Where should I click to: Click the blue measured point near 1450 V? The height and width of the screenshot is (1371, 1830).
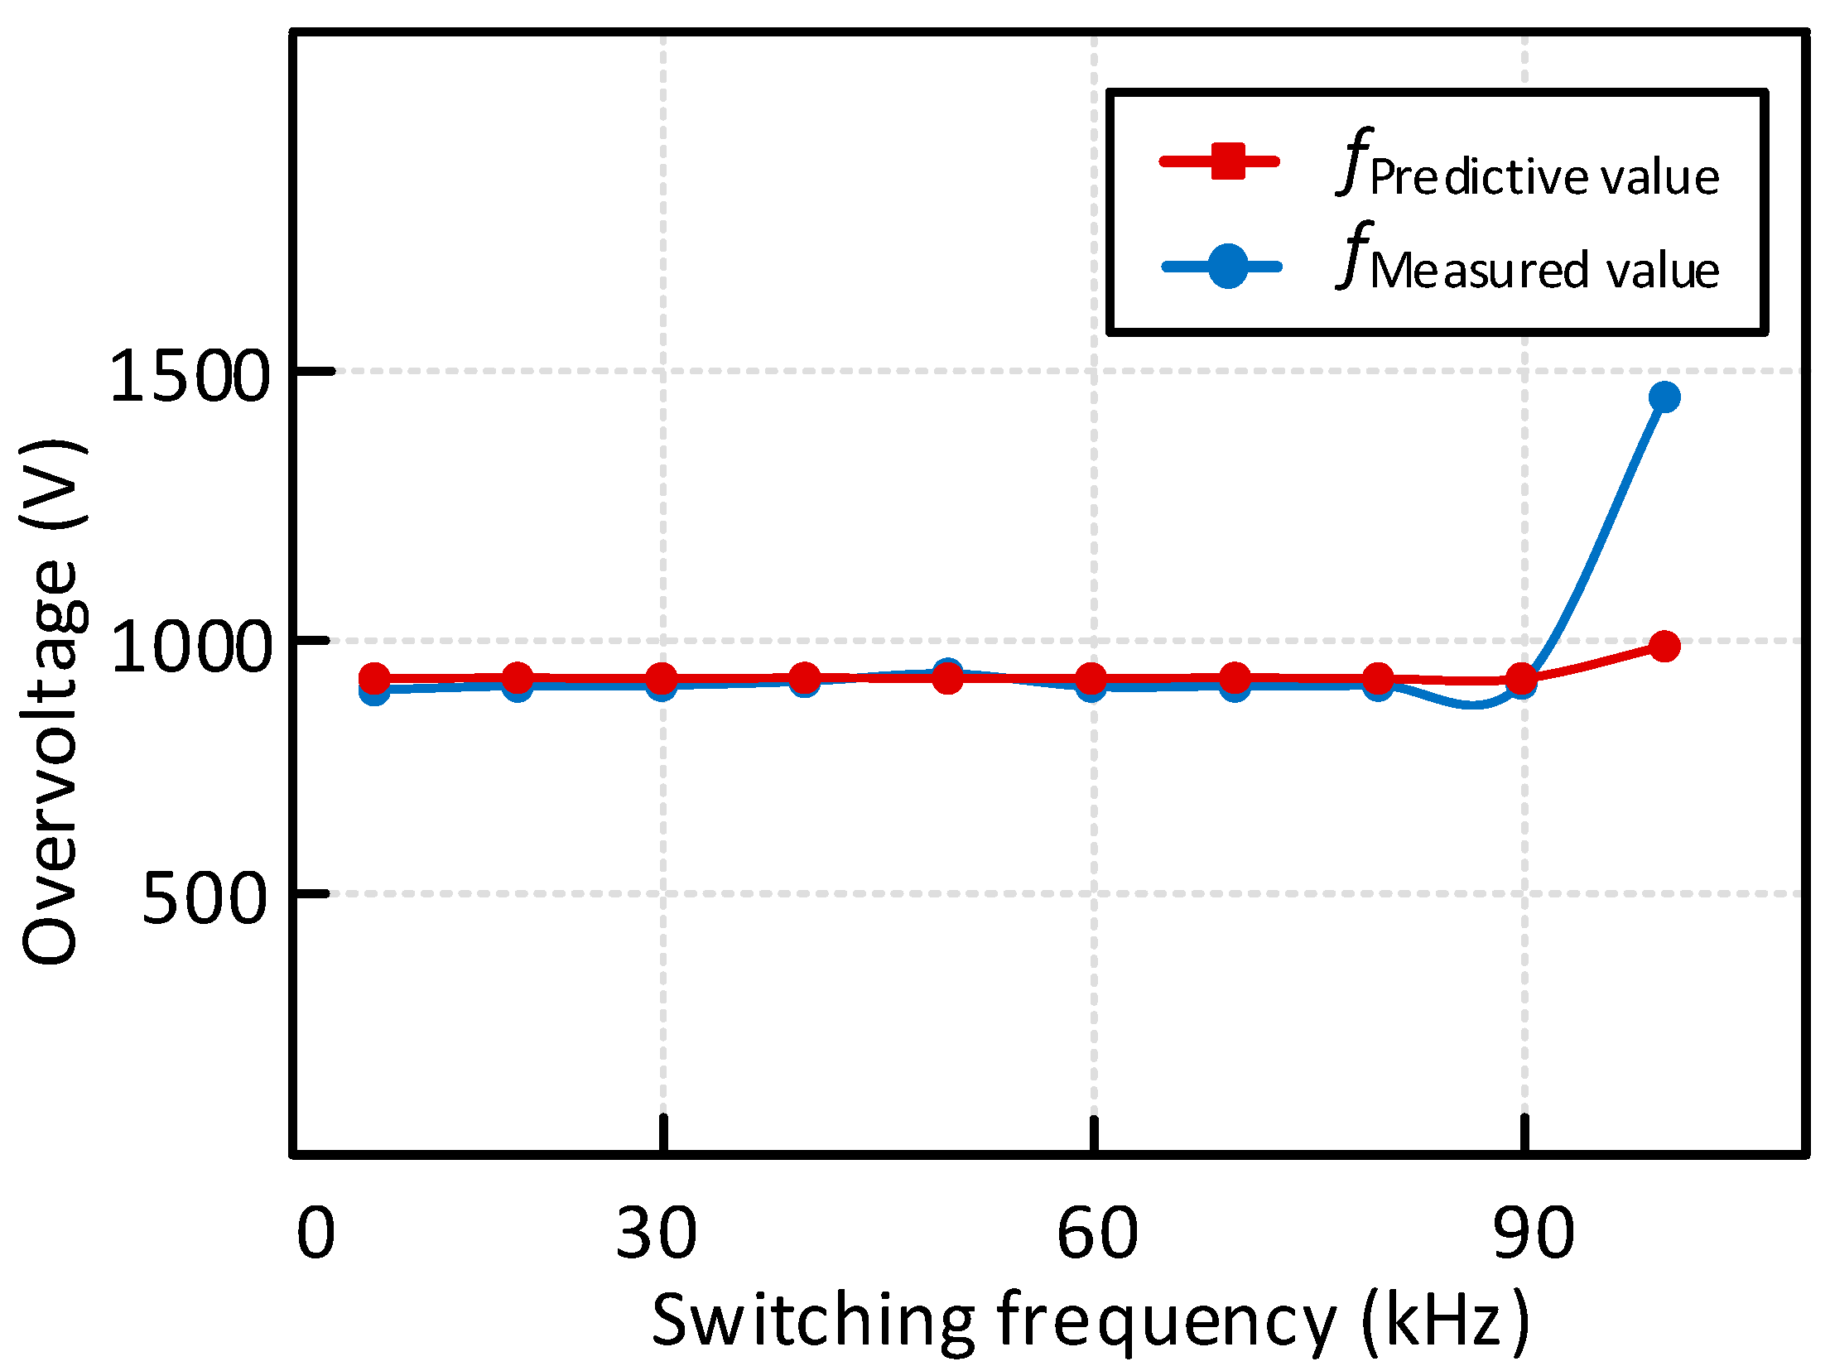(x=1664, y=397)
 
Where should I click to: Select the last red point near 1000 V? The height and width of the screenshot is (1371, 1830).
(x=1664, y=646)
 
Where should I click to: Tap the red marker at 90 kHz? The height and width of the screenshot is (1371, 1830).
(x=1521, y=680)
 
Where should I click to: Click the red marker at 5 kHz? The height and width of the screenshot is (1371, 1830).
(x=374, y=680)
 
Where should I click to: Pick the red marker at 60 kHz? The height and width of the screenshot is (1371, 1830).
(x=1092, y=680)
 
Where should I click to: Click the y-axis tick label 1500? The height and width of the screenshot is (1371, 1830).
(x=190, y=377)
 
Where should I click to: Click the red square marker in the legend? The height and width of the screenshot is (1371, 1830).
(x=1227, y=161)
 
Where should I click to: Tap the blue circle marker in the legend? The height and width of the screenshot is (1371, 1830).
(x=1227, y=267)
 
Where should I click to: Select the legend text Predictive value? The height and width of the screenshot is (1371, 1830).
(x=1544, y=177)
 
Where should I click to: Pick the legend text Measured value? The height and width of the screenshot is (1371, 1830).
(x=1544, y=271)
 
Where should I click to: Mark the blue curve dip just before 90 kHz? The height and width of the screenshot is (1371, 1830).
(x=1471, y=704)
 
